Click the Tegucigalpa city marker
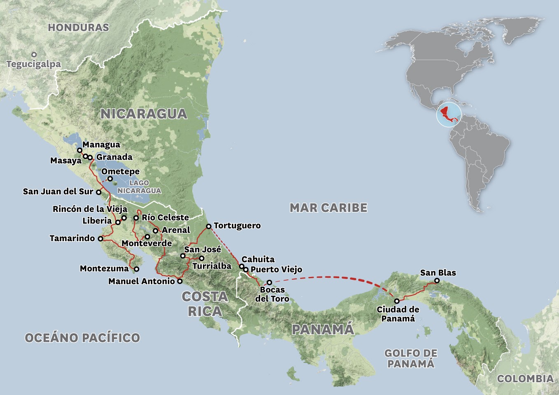click(34, 54)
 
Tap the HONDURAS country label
click(78, 28)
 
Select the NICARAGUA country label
click(144, 114)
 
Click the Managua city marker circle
click(80, 150)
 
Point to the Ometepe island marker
click(110, 179)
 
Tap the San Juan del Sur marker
click(99, 192)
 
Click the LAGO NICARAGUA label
click(139, 187)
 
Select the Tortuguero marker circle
click(209, 226)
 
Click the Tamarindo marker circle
click(100, 238)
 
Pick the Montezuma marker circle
click(137, 269)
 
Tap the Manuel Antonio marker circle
click(180, 281)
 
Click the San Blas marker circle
click(437, 281)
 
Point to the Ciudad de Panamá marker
click(397, 301)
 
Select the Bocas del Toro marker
click(269, 282)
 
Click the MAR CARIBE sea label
click(328, 208)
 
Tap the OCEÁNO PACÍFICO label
click(82, 338)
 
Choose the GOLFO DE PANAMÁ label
click(411, 358)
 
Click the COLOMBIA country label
click(525, 379)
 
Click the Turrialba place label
click(212, 266)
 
